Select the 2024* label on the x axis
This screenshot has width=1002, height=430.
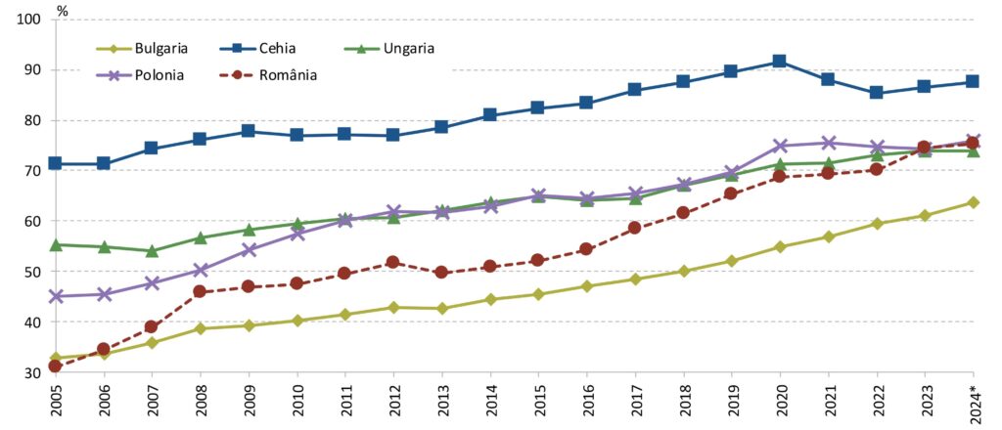[x=973, y=403]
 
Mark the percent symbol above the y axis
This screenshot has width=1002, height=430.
[x=62, y=11]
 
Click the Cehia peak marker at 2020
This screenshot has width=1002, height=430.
[x=779, y=62]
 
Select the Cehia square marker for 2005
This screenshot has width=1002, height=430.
[x=56, y=163]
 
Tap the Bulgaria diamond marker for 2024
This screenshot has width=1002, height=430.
[x=973, y=202]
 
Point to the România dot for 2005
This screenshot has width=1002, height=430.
[x=56, y=365]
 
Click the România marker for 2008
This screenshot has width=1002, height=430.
[x=200, y=291]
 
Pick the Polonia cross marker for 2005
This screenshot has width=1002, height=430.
[x=56, y=296]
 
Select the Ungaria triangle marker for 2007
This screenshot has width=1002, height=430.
[x=152, y=251]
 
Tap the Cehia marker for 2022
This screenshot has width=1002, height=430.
[x=876, y=93]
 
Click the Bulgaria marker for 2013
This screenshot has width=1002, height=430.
[x=441, y=308]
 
